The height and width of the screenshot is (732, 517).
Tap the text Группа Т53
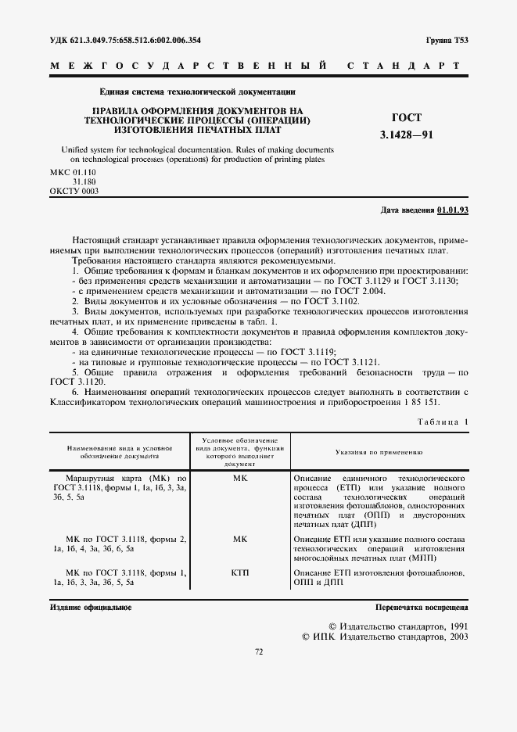[447, 39]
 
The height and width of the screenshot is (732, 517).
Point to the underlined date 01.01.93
[453, 210]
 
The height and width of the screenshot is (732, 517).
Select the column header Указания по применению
[379, 452]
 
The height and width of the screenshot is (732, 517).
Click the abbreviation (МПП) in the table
[421, 558]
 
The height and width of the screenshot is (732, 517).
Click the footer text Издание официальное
[91, 607]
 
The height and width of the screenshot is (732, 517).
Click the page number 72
[259, 673]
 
